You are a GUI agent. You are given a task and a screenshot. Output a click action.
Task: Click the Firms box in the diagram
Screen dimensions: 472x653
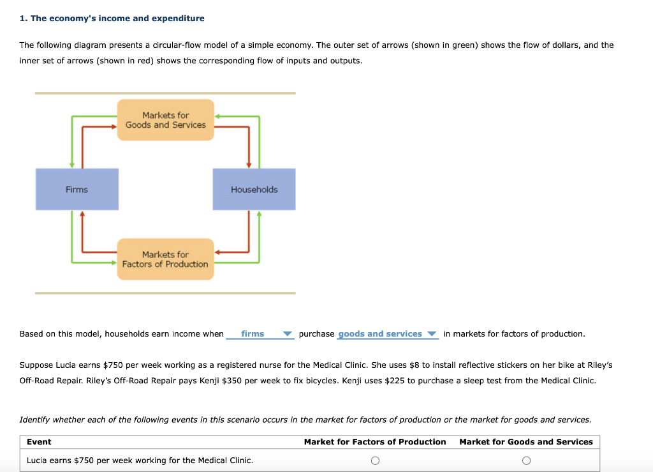pos(77,190)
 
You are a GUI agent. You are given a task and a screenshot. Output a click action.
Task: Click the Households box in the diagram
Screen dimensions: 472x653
pos(254,190)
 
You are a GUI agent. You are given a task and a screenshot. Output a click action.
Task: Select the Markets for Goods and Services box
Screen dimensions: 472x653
pos(165,120)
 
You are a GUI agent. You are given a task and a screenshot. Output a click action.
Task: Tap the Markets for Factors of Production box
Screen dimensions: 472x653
pos(165,259)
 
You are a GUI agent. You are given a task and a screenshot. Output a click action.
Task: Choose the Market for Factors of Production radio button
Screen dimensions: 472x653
pos(375,461)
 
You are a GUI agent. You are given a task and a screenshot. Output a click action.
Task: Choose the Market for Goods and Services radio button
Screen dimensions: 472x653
pos(526,461)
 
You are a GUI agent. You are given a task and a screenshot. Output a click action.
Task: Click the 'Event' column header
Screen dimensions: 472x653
pos(39,442)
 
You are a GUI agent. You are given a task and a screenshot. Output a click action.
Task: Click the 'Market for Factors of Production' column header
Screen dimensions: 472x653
pos(375,442)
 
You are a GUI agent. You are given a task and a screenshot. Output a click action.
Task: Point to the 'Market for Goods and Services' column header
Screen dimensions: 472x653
pos(526,442)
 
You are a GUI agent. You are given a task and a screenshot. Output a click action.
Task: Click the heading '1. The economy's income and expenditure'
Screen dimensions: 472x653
pos(112,19)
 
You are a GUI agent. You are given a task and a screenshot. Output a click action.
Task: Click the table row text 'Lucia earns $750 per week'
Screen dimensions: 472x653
pos(140,461)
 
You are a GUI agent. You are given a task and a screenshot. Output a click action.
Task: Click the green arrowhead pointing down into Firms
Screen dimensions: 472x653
pos(72,164)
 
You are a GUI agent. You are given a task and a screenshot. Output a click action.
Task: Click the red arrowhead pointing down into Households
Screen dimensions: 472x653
pos(249,164)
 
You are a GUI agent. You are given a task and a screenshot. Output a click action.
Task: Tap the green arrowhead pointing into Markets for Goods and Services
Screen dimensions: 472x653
pos(217,117)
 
